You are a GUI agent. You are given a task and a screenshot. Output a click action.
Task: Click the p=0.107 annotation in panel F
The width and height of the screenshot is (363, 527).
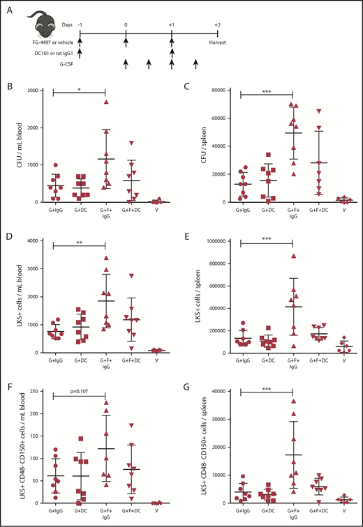tap(77, 386)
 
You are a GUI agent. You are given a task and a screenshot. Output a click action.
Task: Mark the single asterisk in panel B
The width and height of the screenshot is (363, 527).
tap(77, 90)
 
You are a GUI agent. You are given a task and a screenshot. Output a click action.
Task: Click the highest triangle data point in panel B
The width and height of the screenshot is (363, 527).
tap(107, 102)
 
